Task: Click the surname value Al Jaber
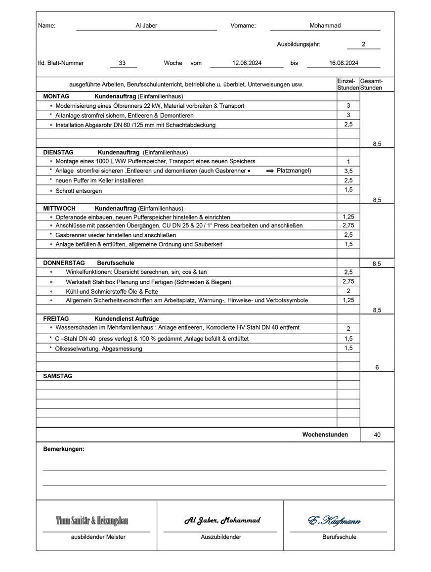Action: point(146,26)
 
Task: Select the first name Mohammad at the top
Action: point(325,26)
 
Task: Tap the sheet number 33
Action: point(122,63)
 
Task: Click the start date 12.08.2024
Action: point(247,63)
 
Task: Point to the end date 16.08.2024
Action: point(344,63)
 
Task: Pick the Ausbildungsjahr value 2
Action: point(363,44)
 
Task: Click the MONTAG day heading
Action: point(56,96)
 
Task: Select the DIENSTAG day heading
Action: point(58,152)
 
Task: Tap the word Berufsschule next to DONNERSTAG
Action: point(115,263)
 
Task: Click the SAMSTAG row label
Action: point(58,376)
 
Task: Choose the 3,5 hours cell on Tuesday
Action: point(348,171)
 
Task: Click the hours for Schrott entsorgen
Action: point(348,190)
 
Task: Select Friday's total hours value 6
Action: point(377,367)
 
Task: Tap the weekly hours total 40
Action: point(377,435)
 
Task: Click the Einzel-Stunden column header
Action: point(347,85)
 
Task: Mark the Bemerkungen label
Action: point(64,449)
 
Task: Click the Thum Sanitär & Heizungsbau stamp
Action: point(92,521)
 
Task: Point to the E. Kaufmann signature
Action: point(334,521)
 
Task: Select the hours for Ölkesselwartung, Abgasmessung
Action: point(348,348)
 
